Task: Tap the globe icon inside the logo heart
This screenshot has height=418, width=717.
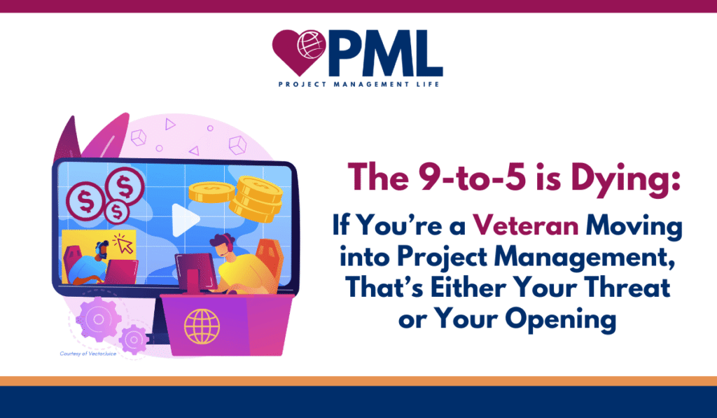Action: point(312,44)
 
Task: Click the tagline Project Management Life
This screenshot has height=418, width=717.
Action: point(359,84)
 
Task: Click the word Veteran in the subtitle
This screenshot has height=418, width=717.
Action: point(525,225)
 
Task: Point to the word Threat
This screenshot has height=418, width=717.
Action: point(628,288)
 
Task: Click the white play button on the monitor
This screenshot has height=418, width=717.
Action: point(184,220)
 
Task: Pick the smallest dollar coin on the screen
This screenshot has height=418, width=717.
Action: point(117,211)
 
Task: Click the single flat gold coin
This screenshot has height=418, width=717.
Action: point(211,192)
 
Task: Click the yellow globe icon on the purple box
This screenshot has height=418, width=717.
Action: point(202,326)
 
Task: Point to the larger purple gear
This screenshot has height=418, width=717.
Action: point(98,319)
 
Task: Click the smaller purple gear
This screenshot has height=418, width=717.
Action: point(134,340)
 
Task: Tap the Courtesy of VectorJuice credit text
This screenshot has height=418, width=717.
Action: point(88,354)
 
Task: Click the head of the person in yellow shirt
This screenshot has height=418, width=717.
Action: point(222,246)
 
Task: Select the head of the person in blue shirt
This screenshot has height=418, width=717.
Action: point(102,251)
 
